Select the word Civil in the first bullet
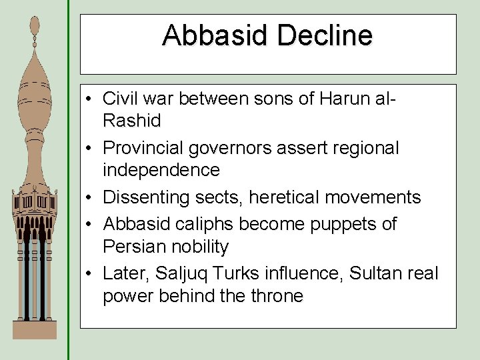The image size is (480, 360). point(118,99)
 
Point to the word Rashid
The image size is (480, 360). point(132,121)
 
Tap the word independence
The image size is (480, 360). point(161,170)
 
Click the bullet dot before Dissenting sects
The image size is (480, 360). point(89,198)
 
